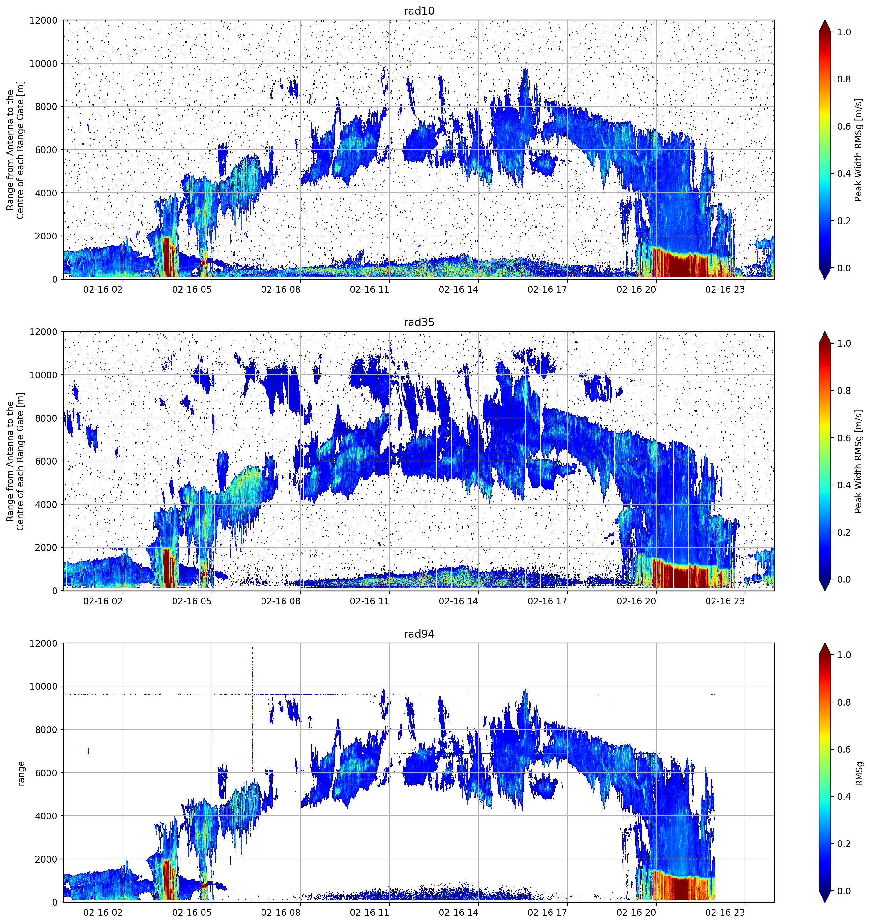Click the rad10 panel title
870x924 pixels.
(x=419, y=11)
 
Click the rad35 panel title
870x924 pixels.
(x=419, y=322)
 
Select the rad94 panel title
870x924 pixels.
(x=419, y=634)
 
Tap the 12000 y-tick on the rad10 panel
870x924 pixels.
(x=43, y=20)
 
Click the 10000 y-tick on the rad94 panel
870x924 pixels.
(x=43, y=686)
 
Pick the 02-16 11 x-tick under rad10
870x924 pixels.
(x=369, y=289)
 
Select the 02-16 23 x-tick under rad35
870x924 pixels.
(x=725, y=601)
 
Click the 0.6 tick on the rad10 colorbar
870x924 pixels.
(x=844, y=126)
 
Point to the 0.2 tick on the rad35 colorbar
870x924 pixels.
(x=844, y=532)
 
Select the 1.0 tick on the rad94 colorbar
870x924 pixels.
(x=844, y=655)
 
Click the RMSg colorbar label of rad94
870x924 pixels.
(x=859, y=773)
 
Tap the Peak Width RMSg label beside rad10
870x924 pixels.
(x=859, y=150)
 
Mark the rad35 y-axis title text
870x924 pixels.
(x=15, y=461)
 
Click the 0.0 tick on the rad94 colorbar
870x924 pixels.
(x=844, y=891)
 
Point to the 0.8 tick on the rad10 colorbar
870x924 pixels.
(x=844, y=80)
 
